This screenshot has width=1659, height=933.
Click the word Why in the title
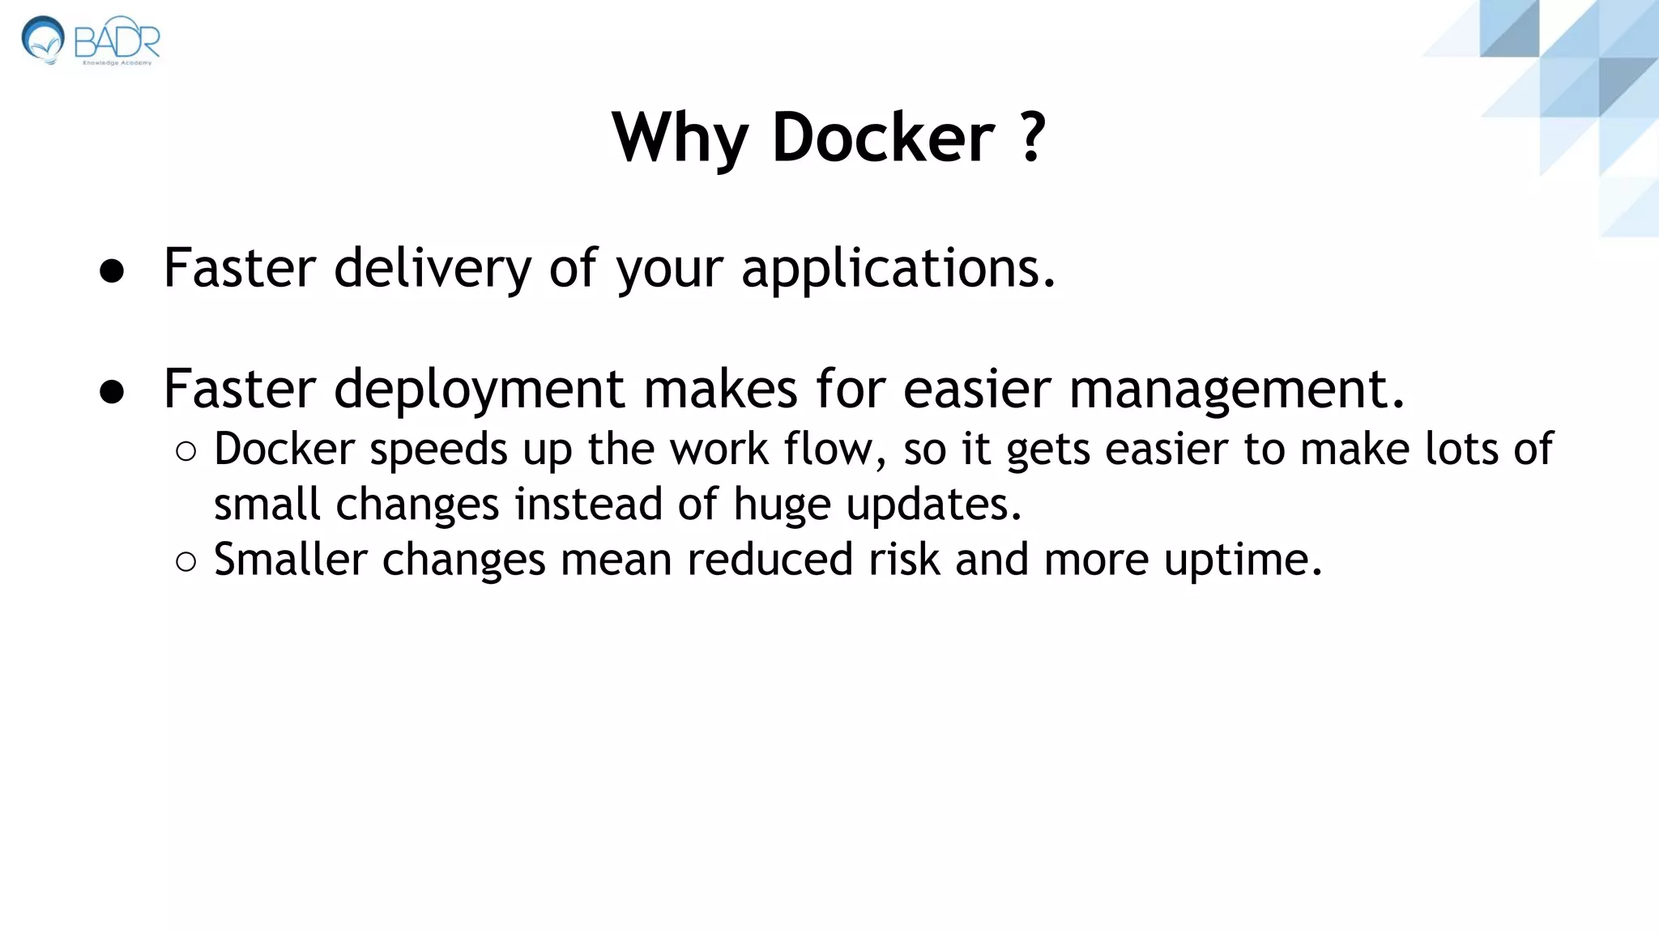click(679, 138)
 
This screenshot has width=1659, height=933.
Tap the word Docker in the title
click(883, 138)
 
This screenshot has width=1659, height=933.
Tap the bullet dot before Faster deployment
click(112, 392)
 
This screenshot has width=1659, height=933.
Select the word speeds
click(438, 450)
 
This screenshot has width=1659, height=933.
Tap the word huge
click(782, 505)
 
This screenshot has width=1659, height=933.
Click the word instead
click(588, 505)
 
